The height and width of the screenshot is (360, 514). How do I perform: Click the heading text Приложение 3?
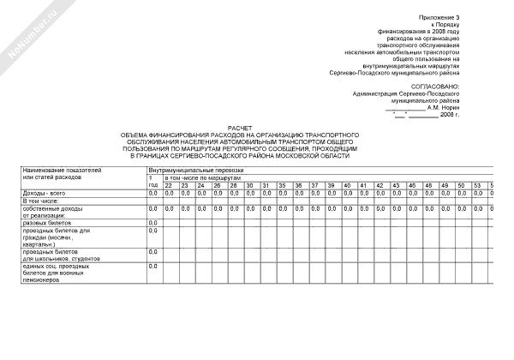(x=439, y=17)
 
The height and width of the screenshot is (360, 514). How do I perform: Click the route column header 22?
(x=169, y=185)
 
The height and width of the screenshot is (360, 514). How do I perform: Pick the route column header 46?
(x=413, y=185)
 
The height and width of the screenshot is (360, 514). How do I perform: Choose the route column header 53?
(x=478, y=185)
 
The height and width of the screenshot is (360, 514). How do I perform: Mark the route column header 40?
(x=348, y=185)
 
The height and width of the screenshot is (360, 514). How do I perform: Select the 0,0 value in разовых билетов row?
(x=153, y=223)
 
